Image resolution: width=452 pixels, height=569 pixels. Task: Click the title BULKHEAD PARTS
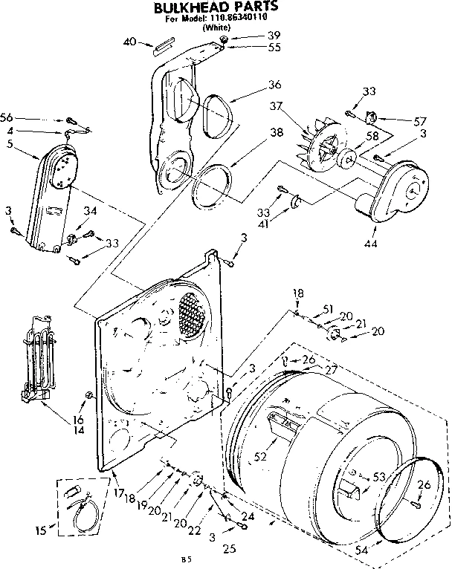[x=216, y=8]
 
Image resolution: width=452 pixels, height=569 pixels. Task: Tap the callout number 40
[x=129, y=42]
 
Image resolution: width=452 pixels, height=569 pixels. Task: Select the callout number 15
[x=42, y=530]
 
